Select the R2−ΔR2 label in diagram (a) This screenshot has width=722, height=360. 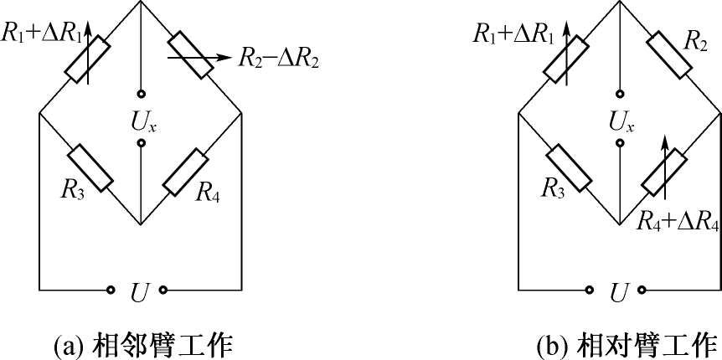click(279, 59)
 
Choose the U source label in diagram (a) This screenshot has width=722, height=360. click(139, 292)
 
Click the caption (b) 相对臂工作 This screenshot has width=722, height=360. click(626, 344)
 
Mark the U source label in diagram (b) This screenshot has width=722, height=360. click(618, 292)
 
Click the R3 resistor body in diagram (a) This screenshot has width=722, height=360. click(90, 167)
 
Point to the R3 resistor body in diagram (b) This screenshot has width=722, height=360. click(568, 167)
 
